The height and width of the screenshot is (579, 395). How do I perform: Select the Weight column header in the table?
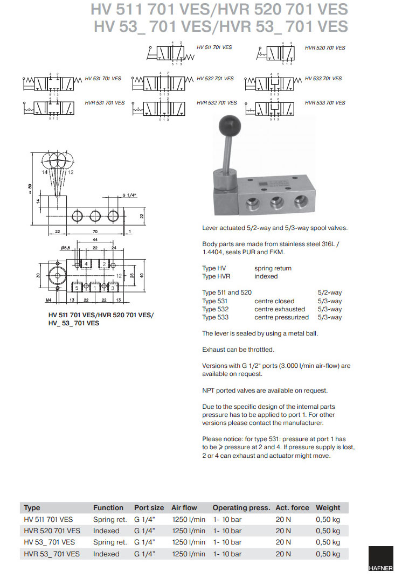point(328,507)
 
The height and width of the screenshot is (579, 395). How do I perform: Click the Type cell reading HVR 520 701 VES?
point(52,531)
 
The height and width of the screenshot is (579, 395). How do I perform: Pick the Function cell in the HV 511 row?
point(110,519)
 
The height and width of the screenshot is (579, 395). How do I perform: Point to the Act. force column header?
point(292,507)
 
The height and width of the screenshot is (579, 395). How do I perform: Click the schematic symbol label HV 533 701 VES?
point(323,79)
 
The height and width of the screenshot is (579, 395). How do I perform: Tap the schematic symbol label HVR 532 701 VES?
point(217,102)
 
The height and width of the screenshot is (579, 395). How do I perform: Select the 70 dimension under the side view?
point(95,232)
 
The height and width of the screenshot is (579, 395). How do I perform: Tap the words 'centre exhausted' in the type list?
point(280,309)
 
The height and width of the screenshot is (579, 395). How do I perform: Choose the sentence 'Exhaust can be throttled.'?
point(238,350)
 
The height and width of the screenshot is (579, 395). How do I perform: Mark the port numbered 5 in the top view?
point(77,288)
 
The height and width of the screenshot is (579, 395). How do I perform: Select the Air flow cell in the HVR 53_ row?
point(189,554)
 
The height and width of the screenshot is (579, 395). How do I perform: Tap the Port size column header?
point(149,507)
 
